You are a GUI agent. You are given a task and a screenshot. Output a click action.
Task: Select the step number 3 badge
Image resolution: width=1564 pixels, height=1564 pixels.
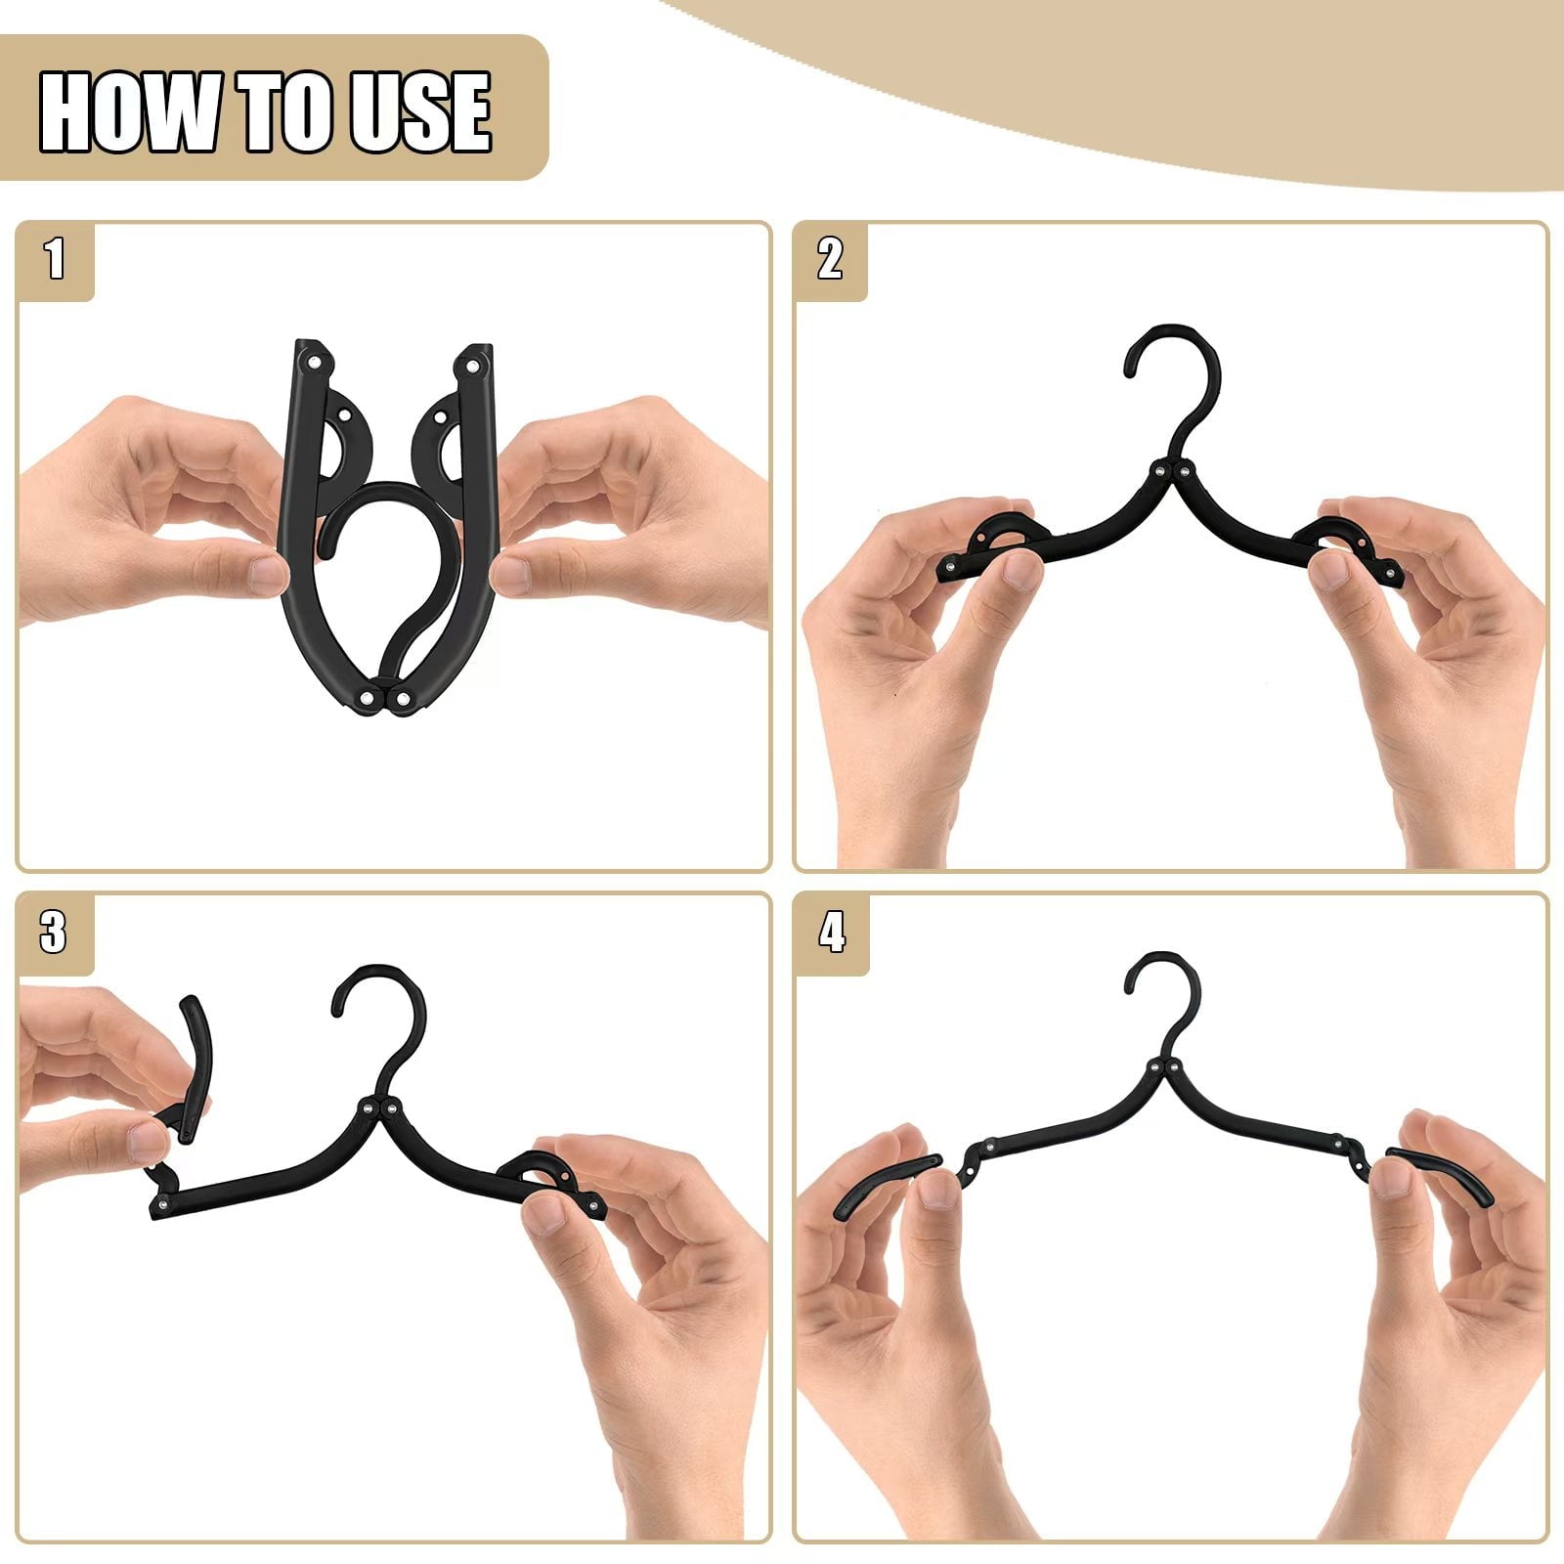(x=54, y=934)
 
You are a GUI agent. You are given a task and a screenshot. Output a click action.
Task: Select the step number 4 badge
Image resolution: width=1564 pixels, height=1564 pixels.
(x=831, y=934)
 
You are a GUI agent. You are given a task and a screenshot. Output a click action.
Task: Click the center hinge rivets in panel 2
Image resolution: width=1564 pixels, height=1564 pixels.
(x=1171, y=472)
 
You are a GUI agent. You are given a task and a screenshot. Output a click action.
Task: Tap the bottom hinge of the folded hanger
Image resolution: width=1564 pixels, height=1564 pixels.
(x=388, y=700)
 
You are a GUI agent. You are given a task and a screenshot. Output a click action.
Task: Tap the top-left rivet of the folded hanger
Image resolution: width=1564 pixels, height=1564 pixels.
(x=315, y=363)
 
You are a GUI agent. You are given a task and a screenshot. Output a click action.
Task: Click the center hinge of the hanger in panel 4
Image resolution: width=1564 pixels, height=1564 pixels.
(x=1169, y=1068)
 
